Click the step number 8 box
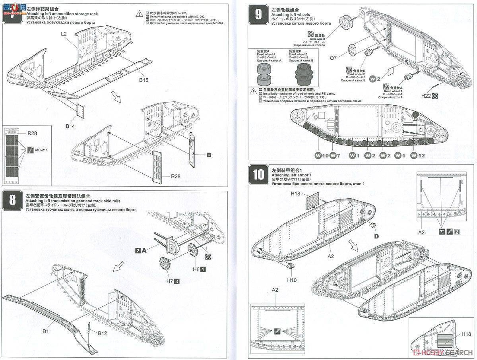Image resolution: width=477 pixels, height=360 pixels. click(x=12, y=199)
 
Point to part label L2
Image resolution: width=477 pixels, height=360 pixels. click(x=64, y=34)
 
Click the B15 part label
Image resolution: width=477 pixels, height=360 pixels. click(x=143, y=80)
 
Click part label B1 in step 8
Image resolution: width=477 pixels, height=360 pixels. click(x=46, y=331)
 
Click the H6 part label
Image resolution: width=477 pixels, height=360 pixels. click(x=196, y=269)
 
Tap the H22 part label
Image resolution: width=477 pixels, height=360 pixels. click(x=426, y=95)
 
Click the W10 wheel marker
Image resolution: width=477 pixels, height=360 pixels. click(x=322, y=155)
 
